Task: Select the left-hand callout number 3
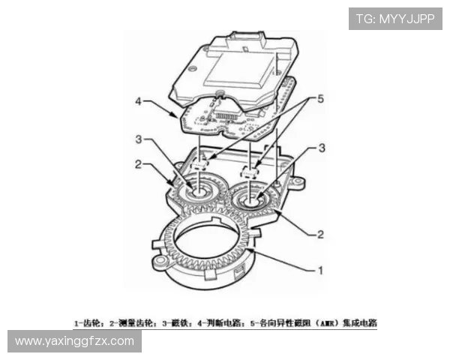[x=139, y=139]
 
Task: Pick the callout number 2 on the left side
[x=139, y=163]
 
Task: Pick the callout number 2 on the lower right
[x=320, y=235]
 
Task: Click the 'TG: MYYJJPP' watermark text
[x=395, y=18]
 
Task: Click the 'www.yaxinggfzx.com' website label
[x=74, y=341]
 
